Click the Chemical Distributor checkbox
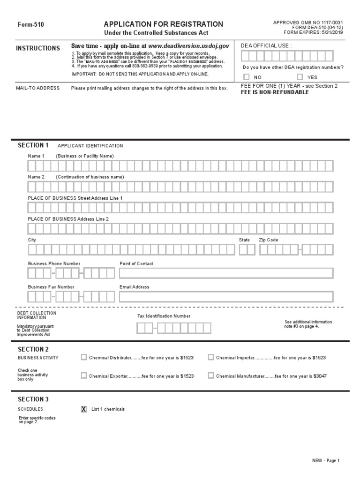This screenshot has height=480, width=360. point(84,357)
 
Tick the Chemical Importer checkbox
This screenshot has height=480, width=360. point(211,357)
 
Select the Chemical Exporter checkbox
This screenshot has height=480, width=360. point(84,375)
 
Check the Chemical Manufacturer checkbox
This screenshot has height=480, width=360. point(211,375)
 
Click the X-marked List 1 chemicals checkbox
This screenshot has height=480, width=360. point(84,409)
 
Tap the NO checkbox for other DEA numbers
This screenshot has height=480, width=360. point(247,77)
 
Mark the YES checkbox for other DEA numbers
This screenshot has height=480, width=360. point(300,77)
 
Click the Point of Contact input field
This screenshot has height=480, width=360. point(226,273)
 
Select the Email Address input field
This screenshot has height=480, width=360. point(226,297)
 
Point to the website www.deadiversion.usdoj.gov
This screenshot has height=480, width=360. point(188,46)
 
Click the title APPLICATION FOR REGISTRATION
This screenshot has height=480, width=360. point(163,24)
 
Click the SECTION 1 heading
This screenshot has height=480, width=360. point(33,145)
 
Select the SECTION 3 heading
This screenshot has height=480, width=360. point(33,399)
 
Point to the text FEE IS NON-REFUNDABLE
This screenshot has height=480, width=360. point(275,92)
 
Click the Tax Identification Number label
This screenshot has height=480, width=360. point(164,316)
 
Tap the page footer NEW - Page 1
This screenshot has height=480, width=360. point(326,461)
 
